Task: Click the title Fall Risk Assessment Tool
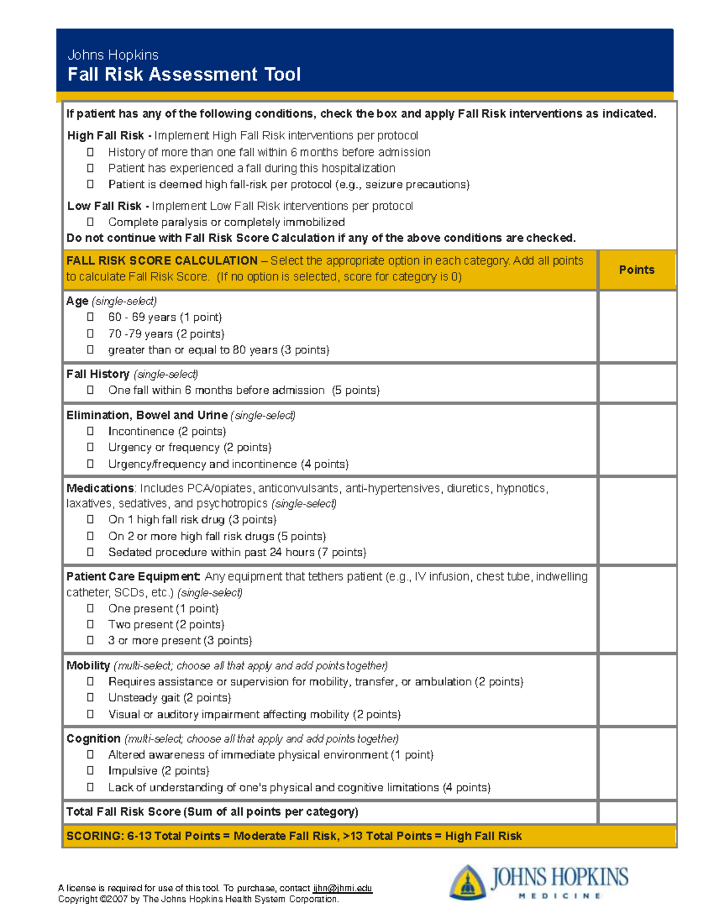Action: [184, 74]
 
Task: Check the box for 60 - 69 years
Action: [90, 317]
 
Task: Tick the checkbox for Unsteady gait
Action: [90, 697]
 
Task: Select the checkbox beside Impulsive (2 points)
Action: [90, 770]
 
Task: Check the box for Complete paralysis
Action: [90, 222]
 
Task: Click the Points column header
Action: [636, 270]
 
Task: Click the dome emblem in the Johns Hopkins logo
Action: [468, 882]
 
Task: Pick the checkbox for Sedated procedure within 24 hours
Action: [90, 552]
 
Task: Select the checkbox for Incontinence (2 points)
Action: [90, 431]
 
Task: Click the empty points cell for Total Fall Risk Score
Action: [637, 812]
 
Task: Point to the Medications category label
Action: [100, 488]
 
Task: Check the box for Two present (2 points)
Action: [90, 624]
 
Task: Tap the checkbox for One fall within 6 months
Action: [90, 390]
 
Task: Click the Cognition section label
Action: [93, 738]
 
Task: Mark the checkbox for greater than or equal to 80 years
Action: [90, 350]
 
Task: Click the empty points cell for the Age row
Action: [637, 326]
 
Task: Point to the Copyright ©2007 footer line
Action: [198, 899]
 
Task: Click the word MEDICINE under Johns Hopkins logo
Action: [559, 896]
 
